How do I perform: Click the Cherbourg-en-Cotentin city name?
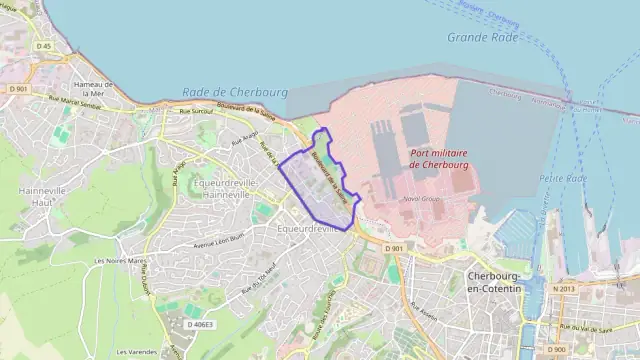click(x=495, y=282)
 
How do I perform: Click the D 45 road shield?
click(x=43, y=46)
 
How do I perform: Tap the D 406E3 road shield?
click(x=202, y=324)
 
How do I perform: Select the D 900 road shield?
click(x=558, y=348)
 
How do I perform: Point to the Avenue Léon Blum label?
click(x=218, y=241)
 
